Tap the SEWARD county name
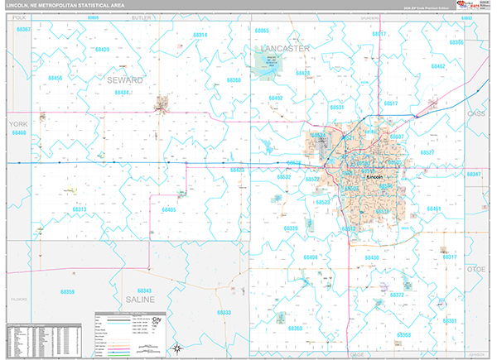click(124, 79)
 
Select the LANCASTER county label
click(284, 49)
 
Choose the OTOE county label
click(475, 268)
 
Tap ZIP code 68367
click(23, 30)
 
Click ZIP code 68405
click(168, 210)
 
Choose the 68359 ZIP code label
click(66, 291)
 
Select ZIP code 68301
click(450, 320)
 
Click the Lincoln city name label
click(374, 177)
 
